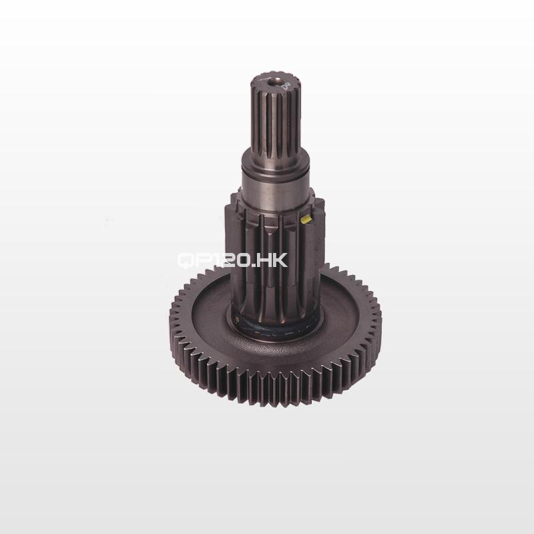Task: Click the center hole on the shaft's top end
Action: (x=276, y=81)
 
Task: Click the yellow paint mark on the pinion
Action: (x=306, y=218)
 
